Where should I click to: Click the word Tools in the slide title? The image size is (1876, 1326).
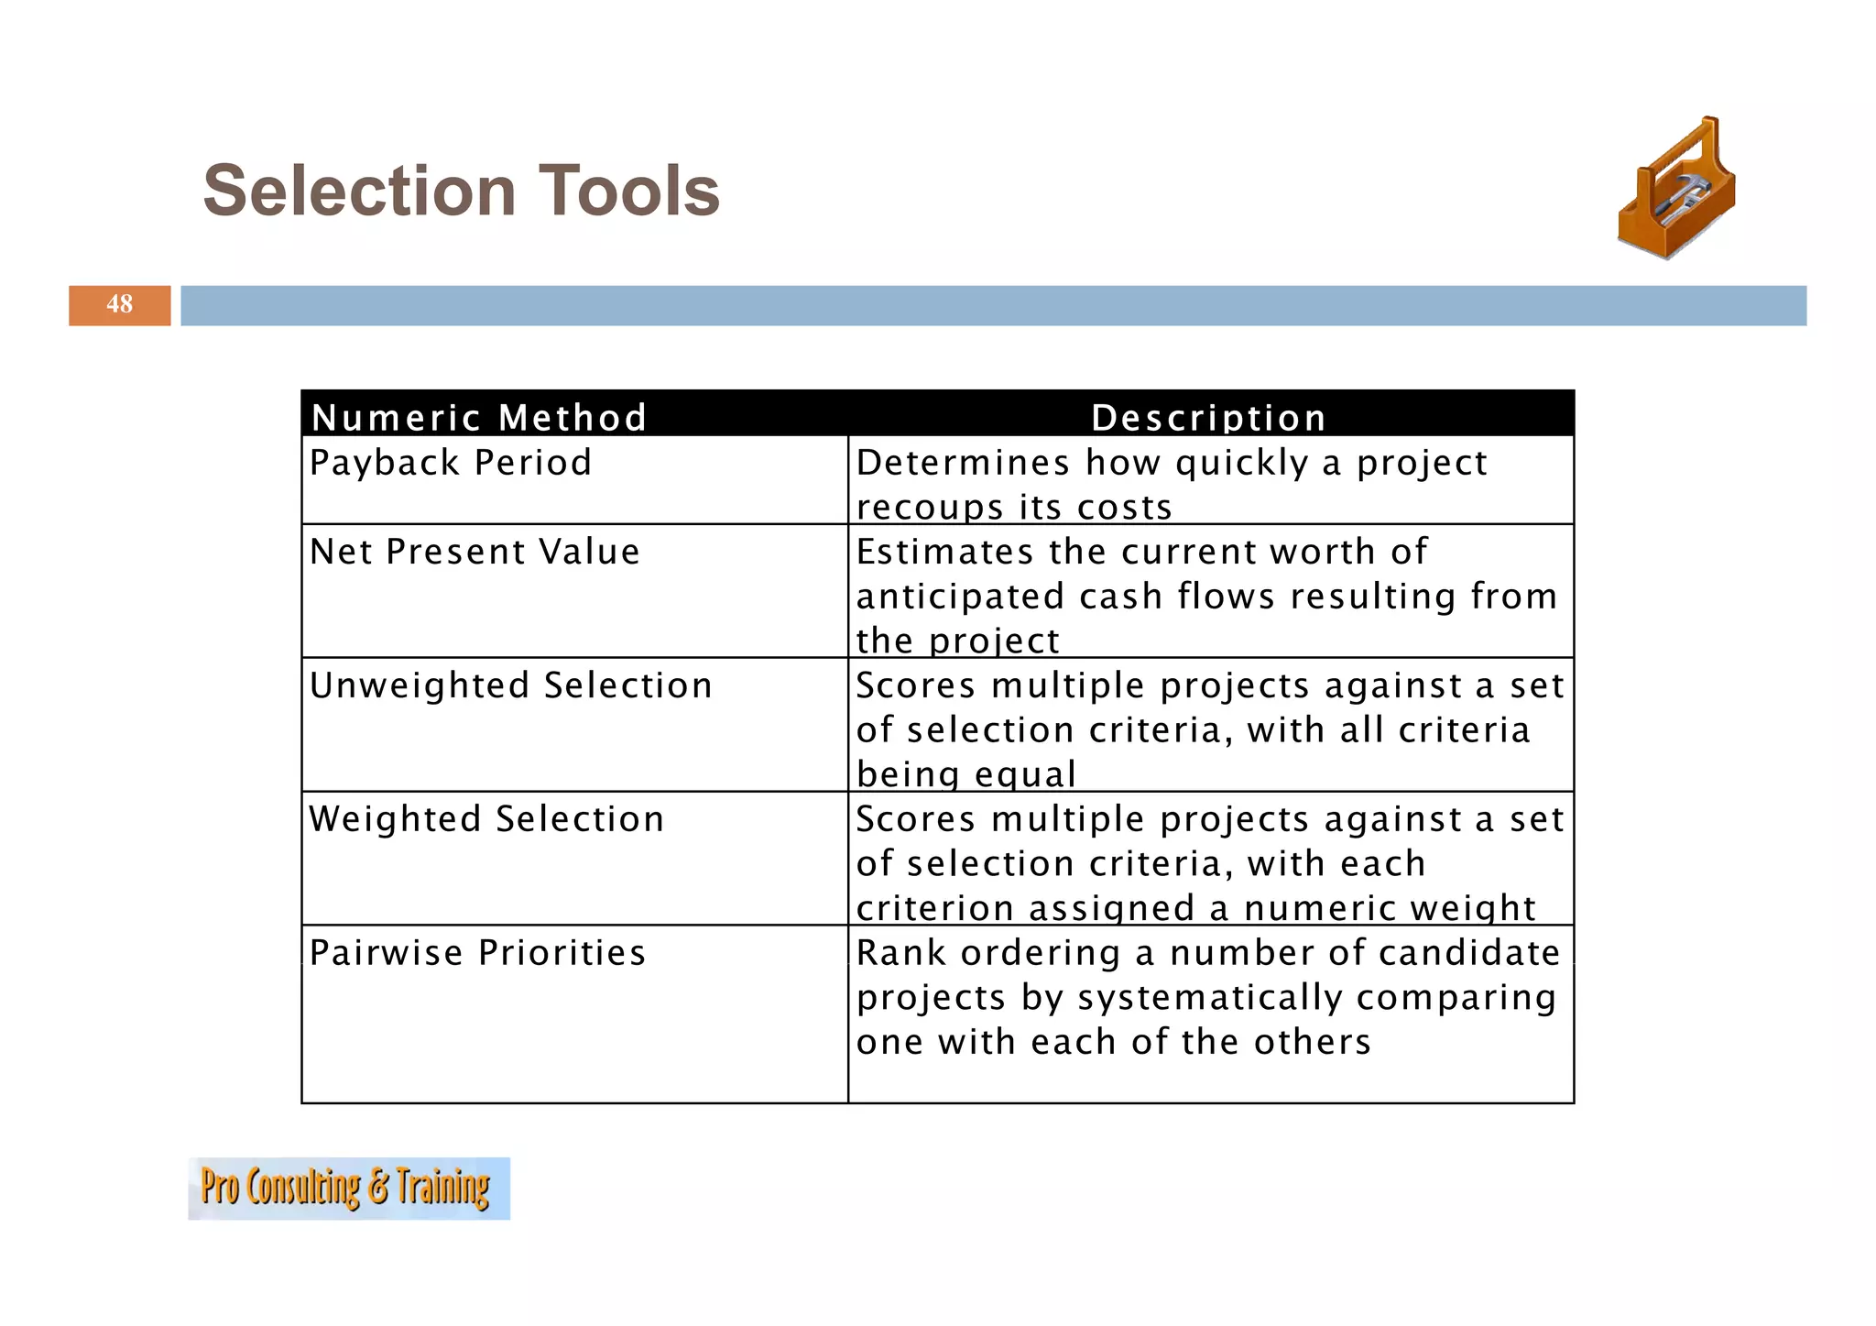pos(628,191)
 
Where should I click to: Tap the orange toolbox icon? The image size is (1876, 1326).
pos(1676,189)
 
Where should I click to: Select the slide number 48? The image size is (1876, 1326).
pos(119,304)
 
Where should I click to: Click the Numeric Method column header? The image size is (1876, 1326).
pos(479,417)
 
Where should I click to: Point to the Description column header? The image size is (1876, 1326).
pos(1209,417)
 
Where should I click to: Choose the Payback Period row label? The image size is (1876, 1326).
pos(451,463)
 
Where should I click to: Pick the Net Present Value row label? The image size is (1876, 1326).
pos(474,552)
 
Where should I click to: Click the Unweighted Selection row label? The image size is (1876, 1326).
pos(510,685)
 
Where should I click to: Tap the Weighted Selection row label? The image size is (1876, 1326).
pos(486,819)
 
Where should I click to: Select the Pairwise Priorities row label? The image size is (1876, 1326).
pos(477,953)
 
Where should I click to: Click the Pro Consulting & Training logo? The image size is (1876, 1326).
pos(348,1188)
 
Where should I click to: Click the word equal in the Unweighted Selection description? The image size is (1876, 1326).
pos(1025,775)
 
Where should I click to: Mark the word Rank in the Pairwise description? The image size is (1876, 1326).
pos(900,953)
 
